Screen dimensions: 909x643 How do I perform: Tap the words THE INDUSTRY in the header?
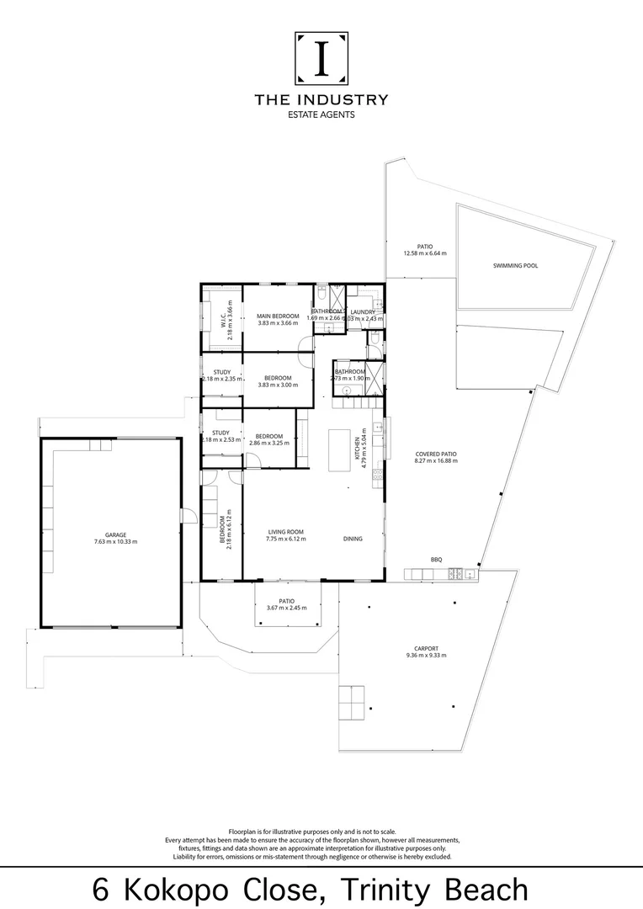click(x=321, y=99)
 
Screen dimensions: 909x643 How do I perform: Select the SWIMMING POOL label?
click(x=515, y=265)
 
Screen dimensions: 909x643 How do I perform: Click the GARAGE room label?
click(x=115, y=534)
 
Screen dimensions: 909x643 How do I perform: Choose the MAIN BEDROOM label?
click(x=278, y=316)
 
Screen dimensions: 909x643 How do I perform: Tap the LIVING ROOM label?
click(x=286, y=531)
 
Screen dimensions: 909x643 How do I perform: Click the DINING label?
click(x=353, y=539)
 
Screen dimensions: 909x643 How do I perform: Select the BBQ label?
click(x=436, y=560)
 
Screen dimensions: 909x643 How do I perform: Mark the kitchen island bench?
click(x=339, y=449)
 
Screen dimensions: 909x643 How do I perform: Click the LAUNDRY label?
click(x=364, y=311)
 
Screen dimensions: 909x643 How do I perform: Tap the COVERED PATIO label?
click(x=435, y=454)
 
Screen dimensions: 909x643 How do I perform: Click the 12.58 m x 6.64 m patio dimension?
click(x=425, y=252)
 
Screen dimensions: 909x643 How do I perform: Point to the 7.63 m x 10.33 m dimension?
click(x=115, y=541)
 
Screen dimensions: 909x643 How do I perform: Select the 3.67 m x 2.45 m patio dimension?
click(x=287, y=608)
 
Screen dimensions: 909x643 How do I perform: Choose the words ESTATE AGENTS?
click(x=321, y=115)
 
